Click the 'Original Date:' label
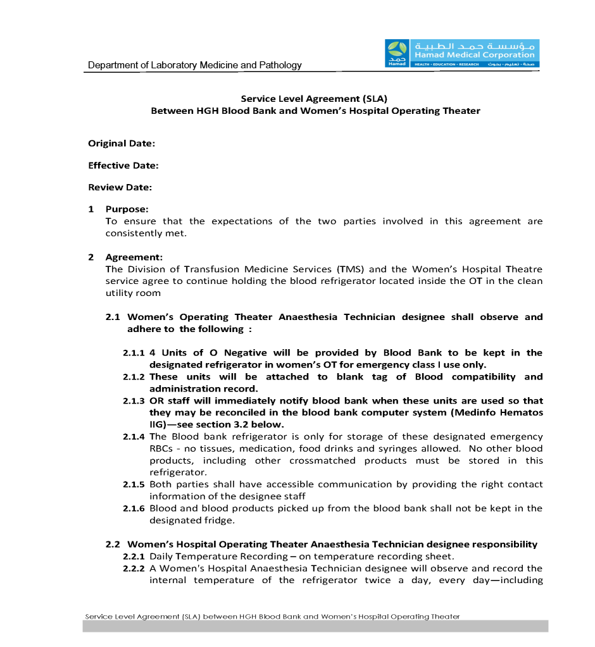[122, 144]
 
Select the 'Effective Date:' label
[123, 166]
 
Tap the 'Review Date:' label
[120, 187]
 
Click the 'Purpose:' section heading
[127, 209]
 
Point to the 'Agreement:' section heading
[134, 257]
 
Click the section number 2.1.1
[134, 353]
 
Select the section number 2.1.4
[134, 436]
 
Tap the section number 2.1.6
[134, 508]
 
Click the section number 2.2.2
[134, 569]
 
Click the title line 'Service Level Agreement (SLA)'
[314, 99]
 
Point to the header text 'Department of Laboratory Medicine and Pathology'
[195, 65]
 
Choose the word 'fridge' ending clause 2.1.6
[219, 521]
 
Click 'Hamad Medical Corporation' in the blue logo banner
[474, 55]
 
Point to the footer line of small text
[272, 616]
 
